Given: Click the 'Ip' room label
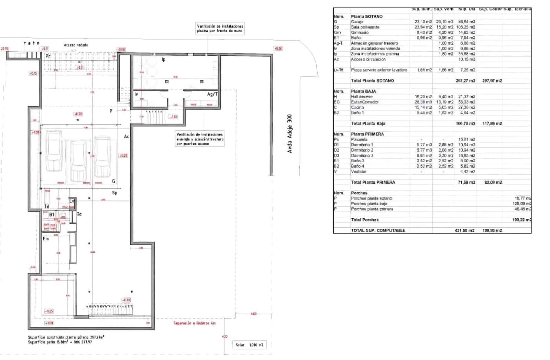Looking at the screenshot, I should pos(164,59).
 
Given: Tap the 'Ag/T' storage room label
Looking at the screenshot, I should pos(212,94).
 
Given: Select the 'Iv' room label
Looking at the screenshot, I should pos(136,94).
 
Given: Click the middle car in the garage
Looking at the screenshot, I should pos(79,161).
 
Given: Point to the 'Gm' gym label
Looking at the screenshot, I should pos(46,239).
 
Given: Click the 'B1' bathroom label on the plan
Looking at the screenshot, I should pos(52,215).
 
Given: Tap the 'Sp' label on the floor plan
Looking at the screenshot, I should pos(115,193).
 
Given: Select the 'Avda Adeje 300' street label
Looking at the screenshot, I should pos(289,134).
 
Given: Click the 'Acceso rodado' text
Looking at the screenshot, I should pos(76,45).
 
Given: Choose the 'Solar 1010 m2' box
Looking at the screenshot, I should pos(249,345).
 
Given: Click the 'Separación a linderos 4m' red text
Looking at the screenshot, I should pos(194,323).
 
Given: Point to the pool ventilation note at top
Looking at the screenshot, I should pos(220,28).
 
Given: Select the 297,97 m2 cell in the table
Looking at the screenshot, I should pos(492,80).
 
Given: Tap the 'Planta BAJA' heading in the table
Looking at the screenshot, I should pos(363,91).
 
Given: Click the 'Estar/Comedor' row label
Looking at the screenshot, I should pos(365,102).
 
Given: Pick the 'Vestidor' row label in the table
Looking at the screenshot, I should pos(359,171).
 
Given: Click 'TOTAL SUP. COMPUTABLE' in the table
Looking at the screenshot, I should pos(378,230).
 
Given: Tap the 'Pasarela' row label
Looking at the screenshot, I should pos(359,139).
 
